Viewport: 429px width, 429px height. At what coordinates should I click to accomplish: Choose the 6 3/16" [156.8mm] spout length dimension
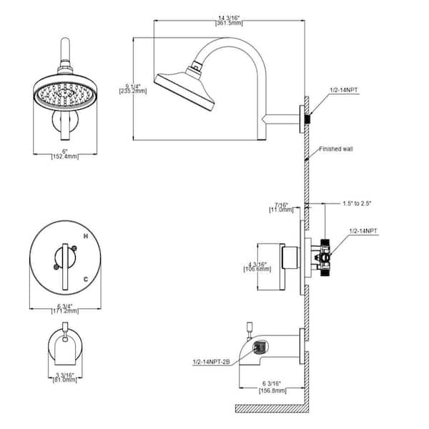(x=273, y=387)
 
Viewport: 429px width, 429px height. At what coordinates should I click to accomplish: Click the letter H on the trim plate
(x=86, y=236)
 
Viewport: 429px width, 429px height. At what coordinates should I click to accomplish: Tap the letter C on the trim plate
(x=86, y=278)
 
